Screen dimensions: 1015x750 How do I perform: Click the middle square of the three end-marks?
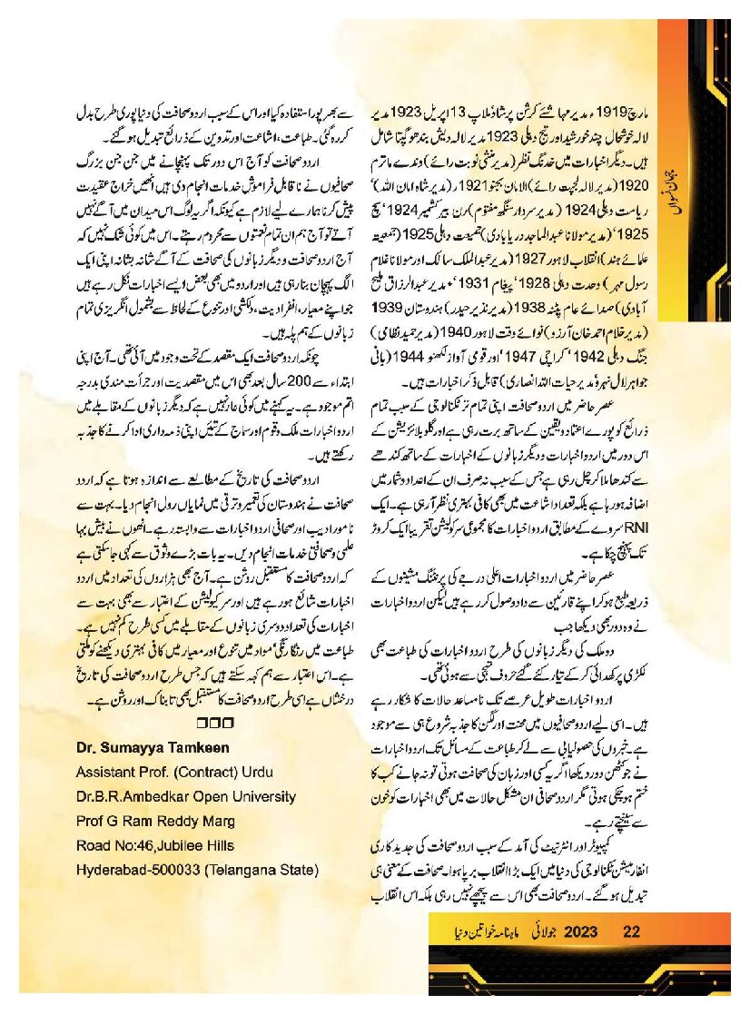coord(213,724)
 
